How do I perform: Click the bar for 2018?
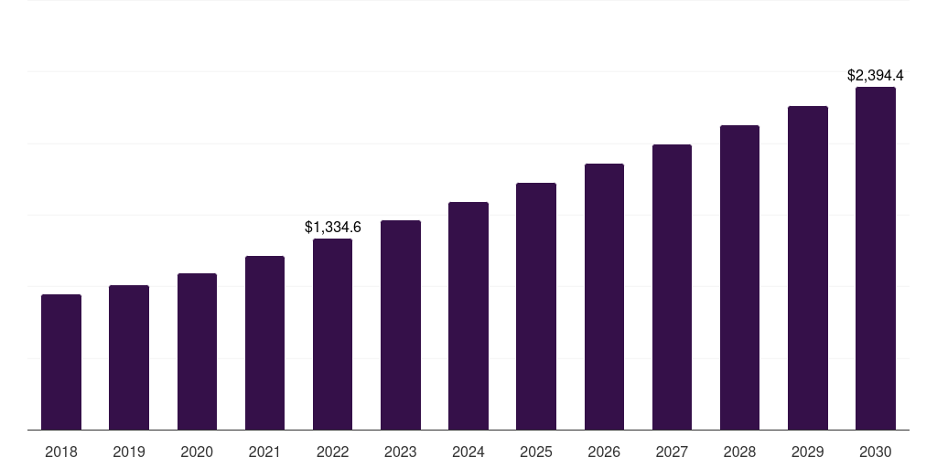click(x=61, y=362)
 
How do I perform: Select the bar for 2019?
click(x=129, y=357)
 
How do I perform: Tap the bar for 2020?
click(x=197, y=352)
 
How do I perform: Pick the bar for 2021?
click(x=264, y=343)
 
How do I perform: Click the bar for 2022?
click(x=332, y=335)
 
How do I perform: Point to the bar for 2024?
click(x=468, y=316)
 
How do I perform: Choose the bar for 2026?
click(x=604, y=297)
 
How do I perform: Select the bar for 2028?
click(x=739, y=278)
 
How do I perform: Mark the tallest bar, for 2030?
click(x=876, y=259)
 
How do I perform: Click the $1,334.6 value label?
click(x=333, y=227)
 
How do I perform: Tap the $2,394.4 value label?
click(x=876, y=75)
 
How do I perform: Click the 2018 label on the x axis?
click(x=61, y=452)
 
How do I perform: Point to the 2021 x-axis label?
click(x=264, y=452)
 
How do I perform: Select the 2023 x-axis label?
click(x=401, y=452)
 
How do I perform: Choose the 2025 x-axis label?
click(x=536, y=452)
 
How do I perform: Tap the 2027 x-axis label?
click(x=672, y=452)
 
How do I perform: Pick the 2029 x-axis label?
click(x=808, y=452)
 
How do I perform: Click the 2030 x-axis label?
click(x=876, y=452)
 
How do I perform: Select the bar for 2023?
click(x=401, y=325)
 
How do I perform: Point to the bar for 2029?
click(x=808, y=268)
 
